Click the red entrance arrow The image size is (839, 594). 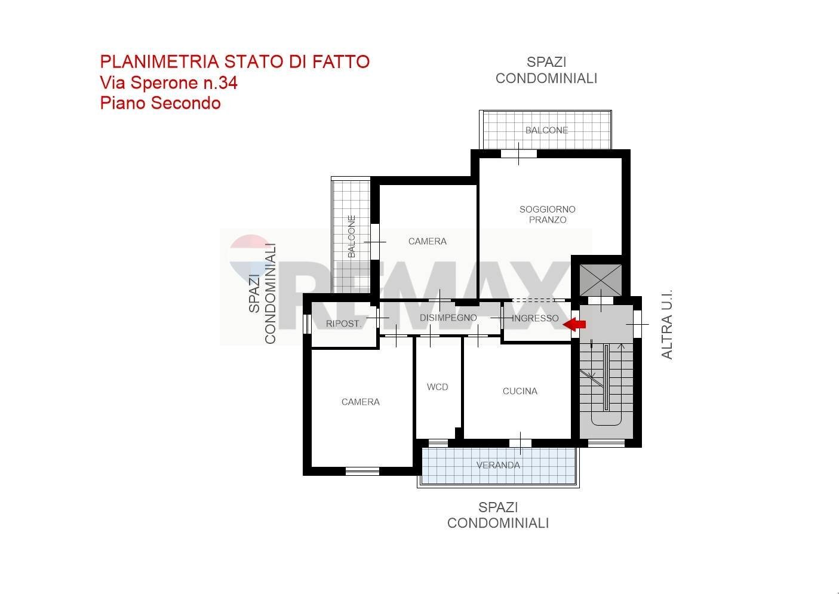(x=575, y=324)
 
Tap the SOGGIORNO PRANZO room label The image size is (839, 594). (x=547, y=214)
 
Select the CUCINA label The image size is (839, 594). (x=520, y=391)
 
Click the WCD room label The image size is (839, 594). (x=437, y=387)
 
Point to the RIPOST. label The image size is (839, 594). (x=343, y=324)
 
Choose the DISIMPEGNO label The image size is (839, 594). (x=448, y=318)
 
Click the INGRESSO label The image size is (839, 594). (x=535, y=318)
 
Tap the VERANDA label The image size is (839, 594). (x=498, y=465)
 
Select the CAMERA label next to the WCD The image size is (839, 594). (x=360, y=402)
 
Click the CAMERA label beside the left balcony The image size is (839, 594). (x=427, y=241)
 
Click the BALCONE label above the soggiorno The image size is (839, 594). (x=546, y=130)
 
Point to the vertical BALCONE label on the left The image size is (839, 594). (x=351, y=236)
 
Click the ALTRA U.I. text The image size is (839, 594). (x=667, y=324)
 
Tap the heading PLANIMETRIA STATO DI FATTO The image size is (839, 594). (x=235, y=61)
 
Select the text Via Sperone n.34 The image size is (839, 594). (x=168, y=83)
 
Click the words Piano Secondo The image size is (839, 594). (x=160, y=103)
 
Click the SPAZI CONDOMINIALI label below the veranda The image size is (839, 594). (x=497, y=515)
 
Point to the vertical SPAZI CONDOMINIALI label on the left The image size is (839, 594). (x=262, y=293)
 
